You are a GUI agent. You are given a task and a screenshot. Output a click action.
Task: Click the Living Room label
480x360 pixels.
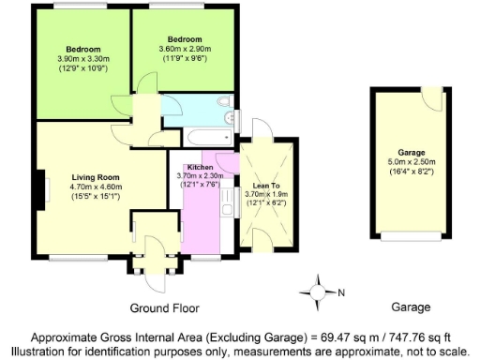[97, 176]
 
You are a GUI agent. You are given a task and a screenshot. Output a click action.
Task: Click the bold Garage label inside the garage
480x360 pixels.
[412, 152]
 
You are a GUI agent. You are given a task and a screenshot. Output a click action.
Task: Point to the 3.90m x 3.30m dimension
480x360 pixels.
[83, 59]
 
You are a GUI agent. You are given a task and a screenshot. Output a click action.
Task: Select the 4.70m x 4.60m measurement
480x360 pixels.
[97, 187]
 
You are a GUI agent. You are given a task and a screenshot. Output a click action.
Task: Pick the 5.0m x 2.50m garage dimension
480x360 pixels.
[412, 162]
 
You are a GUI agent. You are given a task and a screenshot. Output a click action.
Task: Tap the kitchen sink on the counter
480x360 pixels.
[225, 199]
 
